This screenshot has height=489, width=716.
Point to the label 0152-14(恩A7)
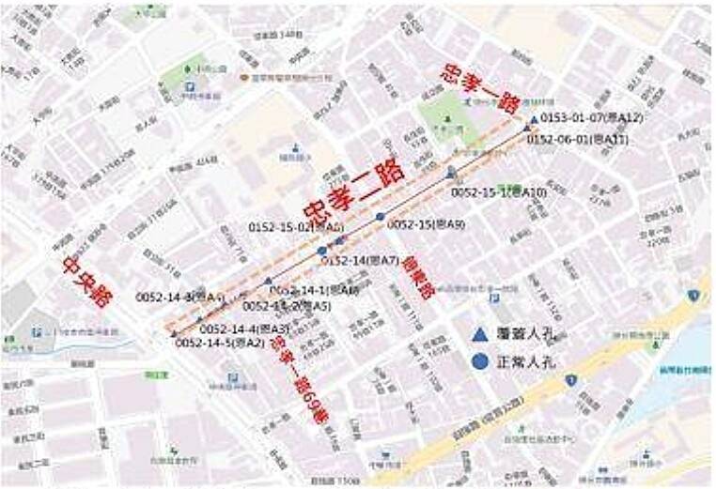pyautogui.click(x=365, y=260)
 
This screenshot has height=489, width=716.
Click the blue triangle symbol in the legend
pyautogui.click(x=479, y=334)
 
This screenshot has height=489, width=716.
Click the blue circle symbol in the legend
pyautogui.click(x=479, y=359)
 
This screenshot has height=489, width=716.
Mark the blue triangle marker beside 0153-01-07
pyautogui.click(x=534, y=120)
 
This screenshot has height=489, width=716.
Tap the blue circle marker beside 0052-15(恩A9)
pyautogui.click(x=381, y=217)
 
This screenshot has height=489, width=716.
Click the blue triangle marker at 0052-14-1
pyautogui.click(x=268, y=282)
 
